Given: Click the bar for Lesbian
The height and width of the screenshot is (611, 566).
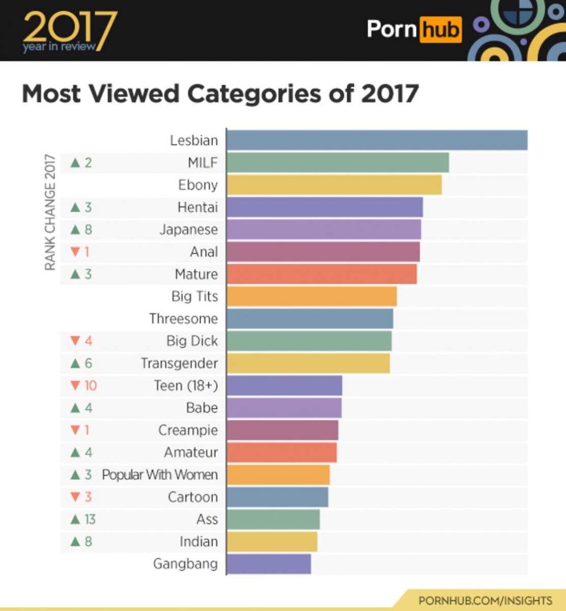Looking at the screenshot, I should click(x=377, y=140).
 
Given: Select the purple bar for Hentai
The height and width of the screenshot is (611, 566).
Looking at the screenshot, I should click(x=325, y=207).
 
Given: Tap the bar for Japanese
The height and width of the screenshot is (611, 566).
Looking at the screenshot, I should click(x=324, y=230).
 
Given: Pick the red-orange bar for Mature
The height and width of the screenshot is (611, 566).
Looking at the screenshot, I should click(x=322, y=274).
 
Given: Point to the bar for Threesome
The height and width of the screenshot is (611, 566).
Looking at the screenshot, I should click(x=310, y=319).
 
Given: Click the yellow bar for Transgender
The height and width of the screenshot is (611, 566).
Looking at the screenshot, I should click(x=308, y=363).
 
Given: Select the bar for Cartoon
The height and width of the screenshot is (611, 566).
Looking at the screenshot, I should click(x=277, y=497).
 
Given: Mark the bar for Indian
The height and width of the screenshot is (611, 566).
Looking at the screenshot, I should click(x=272, y=542).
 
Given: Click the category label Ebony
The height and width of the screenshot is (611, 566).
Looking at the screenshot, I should click(x=197, y=185).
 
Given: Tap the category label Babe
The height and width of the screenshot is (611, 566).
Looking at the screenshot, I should click(x=202, y=408).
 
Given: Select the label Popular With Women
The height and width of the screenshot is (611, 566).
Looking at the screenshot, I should click(x=159, y=475).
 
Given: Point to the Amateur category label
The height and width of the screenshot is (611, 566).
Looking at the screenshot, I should click(x=190, y=452).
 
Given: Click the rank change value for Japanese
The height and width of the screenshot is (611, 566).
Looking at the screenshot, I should click(x=81, y=230).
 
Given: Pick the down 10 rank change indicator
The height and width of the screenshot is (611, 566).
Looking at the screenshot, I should click(x=83, y=385).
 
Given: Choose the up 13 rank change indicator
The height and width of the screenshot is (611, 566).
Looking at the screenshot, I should click(x=83, y=519).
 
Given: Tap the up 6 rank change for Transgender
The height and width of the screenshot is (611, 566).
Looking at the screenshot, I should click(x=81, y=363).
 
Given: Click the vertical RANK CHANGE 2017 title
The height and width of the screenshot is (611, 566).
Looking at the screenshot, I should click(x=49, y=212).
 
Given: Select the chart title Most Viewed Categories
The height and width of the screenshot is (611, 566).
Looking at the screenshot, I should click(x=220, y=94).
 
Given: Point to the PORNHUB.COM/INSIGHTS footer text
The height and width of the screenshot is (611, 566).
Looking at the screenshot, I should click(x=485, y=600).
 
